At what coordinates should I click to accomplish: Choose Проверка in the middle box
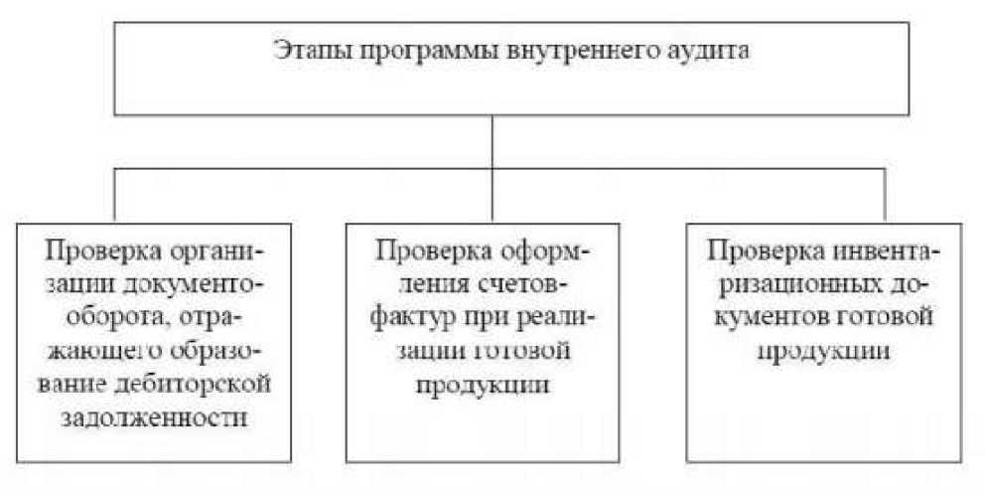[424, 248]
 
